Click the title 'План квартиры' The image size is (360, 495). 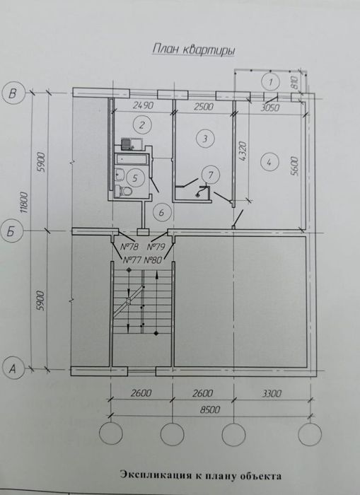[x=194, y=50]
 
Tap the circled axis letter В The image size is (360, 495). [x=13, y=94]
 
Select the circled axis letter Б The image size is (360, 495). [x=11, y=233]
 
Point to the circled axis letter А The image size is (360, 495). [x=13, y=368]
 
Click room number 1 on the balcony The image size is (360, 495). [x=270, y=82]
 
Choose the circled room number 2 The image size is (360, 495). [x=141, y=125]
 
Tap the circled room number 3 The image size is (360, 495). [x=205, y=139]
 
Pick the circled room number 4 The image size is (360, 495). [x=269, y=163]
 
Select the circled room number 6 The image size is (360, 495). [x=162, y=212]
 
